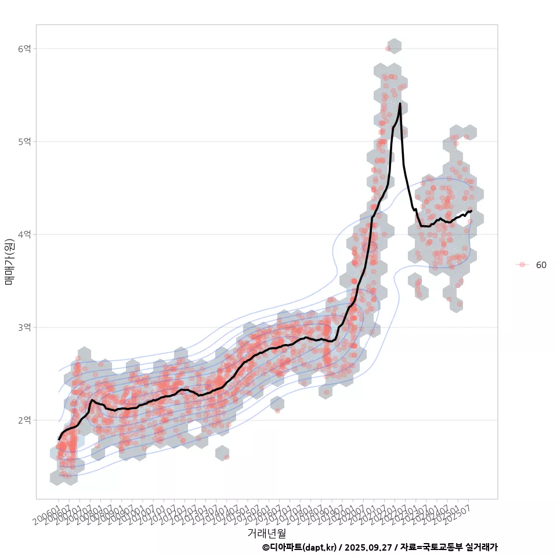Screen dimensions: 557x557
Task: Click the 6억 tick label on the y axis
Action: click(x=24, y=49)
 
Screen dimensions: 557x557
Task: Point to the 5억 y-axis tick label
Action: click(x=24, y=142)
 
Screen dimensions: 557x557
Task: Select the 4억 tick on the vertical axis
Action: click(x=24, y=234)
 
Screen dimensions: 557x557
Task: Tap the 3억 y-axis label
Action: click(x=24, y=327)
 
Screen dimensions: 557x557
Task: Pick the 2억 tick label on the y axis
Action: click(x=24, y=420)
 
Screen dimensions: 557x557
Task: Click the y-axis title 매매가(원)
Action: click(x=9, y=262)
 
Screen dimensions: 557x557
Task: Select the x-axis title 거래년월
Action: click(x=266, y=533)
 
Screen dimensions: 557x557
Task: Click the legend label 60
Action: click(x=541, y=265)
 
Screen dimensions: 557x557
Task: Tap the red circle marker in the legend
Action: click(x=522, y=265)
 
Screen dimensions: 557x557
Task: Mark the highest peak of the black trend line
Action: click(x=400, y=104)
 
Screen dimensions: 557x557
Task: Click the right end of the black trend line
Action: click(x=471, y=211)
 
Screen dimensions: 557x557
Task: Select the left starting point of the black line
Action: click(x=59, y=439)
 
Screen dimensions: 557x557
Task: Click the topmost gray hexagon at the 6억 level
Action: click(x=394, y=46)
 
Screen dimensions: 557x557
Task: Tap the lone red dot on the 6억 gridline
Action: click(x=388, y=49)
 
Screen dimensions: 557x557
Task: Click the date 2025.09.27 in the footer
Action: click(x=365, y=547)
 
